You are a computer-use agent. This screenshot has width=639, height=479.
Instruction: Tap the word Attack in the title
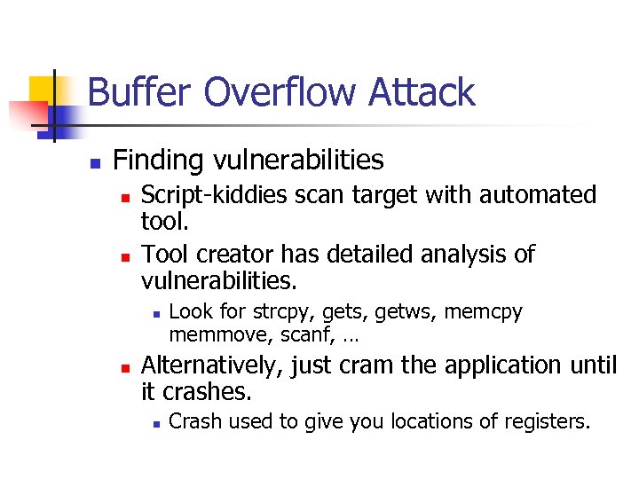[x=422, y=92]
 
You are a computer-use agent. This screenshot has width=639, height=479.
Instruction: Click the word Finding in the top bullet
[x=158, y=161]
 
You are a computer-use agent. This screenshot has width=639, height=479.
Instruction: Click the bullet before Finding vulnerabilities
[x=95, y=163]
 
